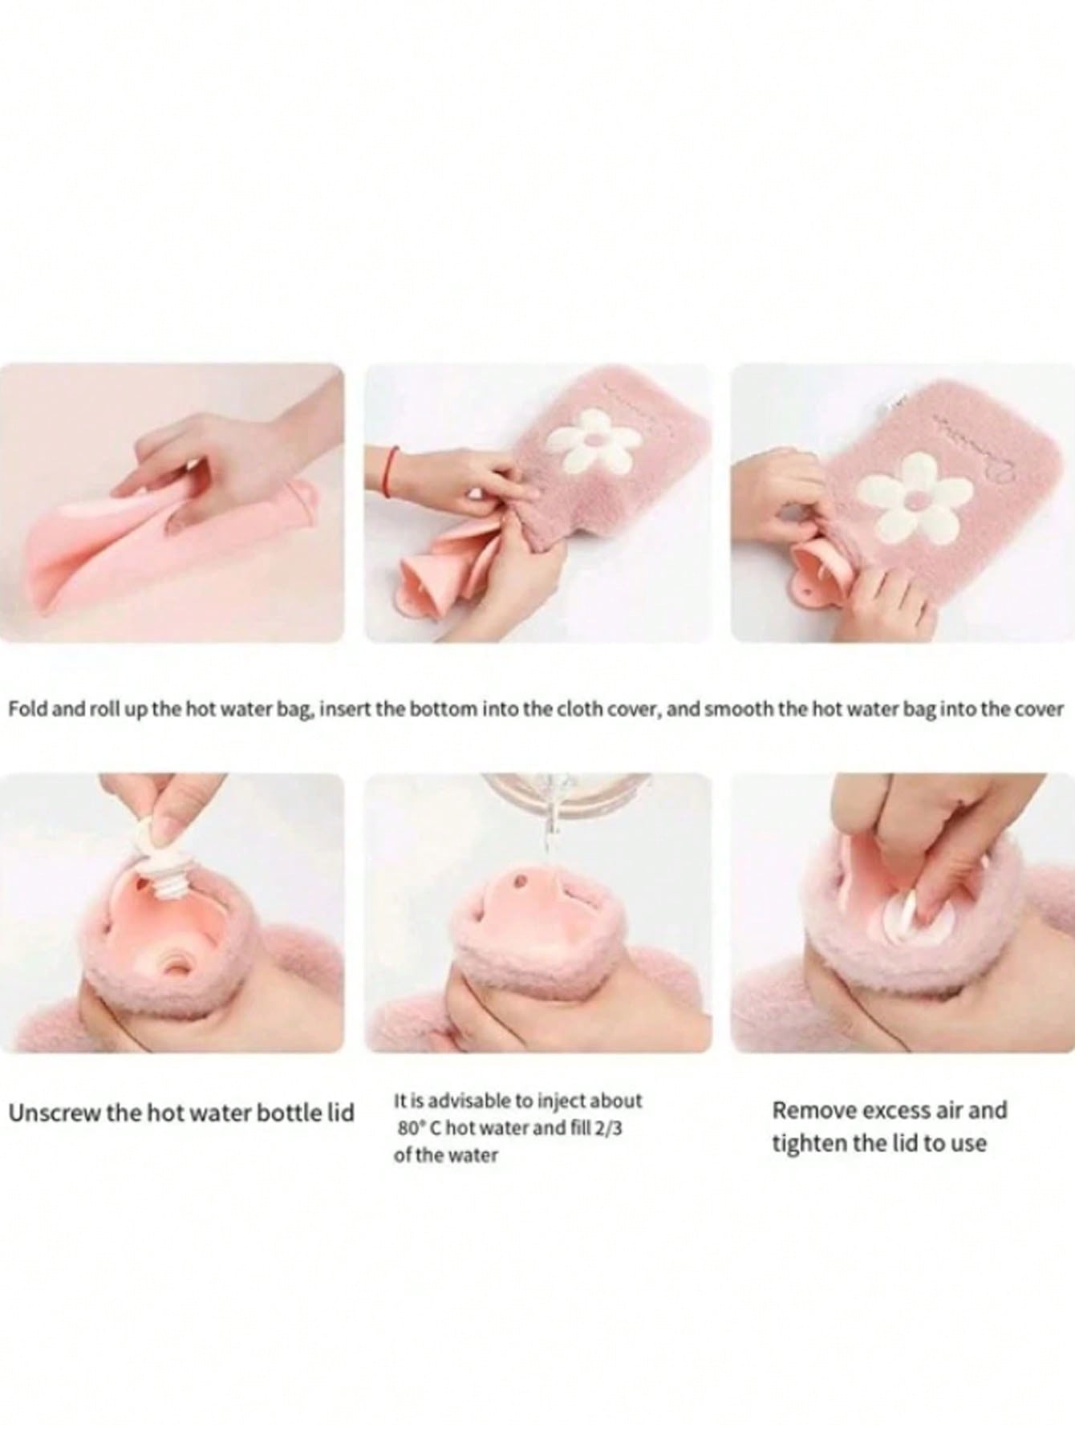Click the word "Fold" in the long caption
[x=26, y=709]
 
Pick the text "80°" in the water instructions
[x=410, y=1127]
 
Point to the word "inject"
[x=549, y=1101]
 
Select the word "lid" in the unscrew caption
[x=340, y=1114]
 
